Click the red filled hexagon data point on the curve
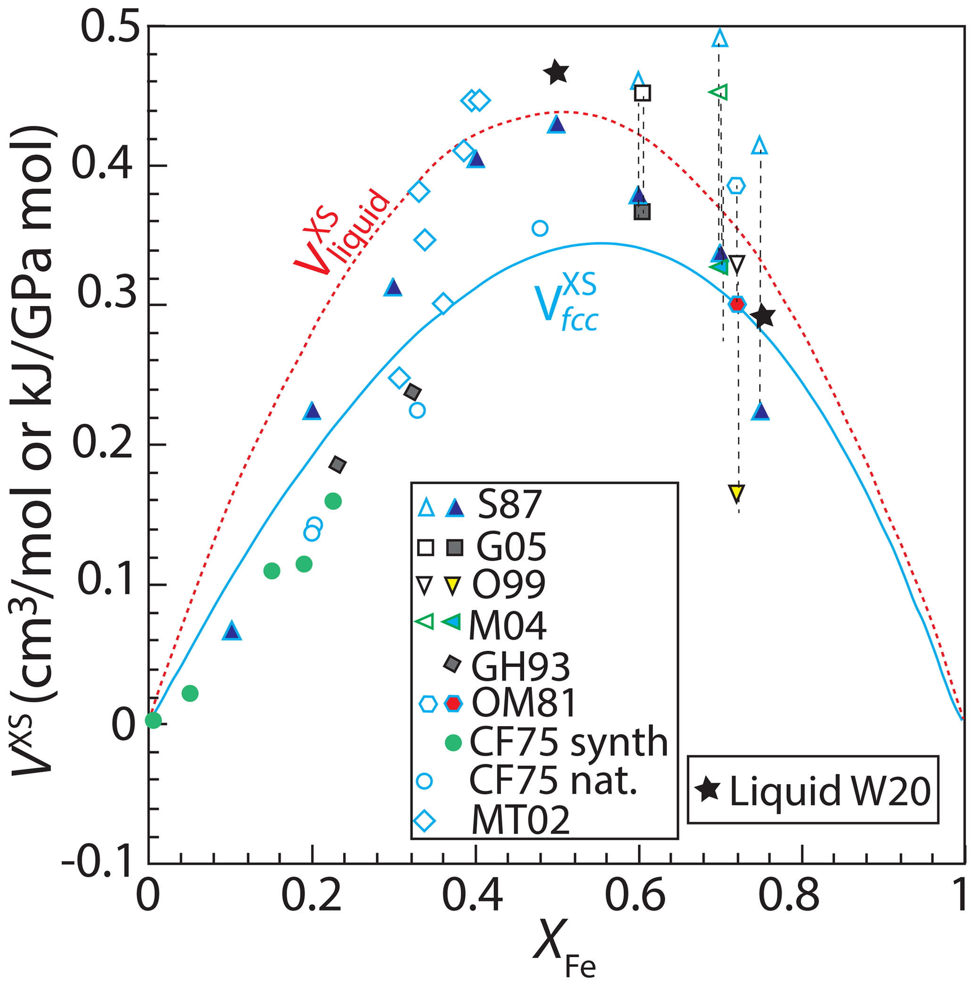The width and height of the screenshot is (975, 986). tap(737, 305)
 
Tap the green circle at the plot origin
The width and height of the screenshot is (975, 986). tap(153, 720)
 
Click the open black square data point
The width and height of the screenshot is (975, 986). tap(642, 93)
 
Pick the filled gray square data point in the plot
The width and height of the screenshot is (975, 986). tap(642, 212)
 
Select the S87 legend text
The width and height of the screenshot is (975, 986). tap(509, 505)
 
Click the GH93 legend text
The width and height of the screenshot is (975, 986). tap(520, 666)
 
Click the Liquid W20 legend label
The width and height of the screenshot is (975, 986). tap(830, 790)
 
